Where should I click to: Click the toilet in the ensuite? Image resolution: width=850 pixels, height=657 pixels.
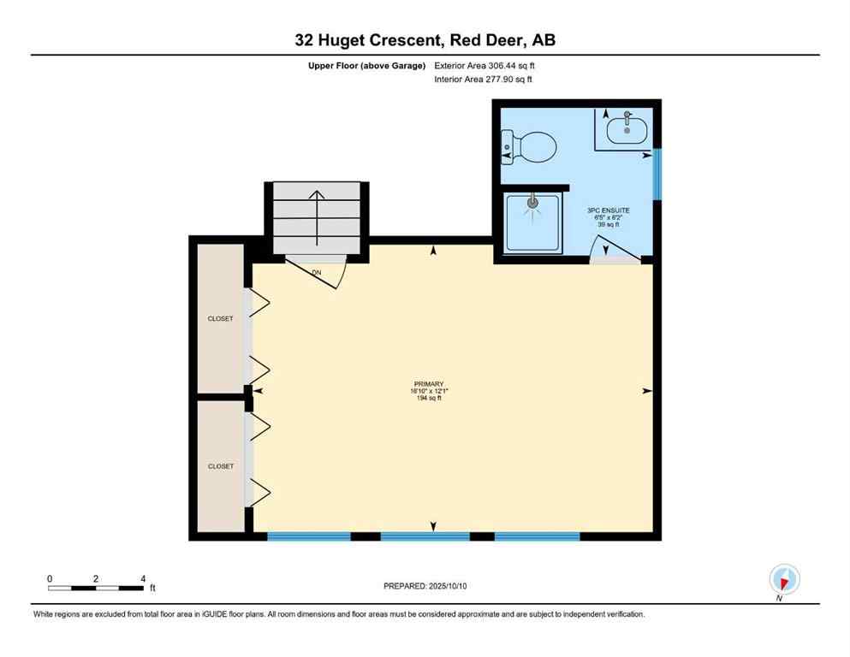pyautogui.click(x=530, y=146)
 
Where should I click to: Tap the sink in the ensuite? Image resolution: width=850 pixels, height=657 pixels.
pyautogui.click(x=627, y=129)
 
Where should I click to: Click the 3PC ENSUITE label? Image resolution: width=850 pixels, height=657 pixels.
pyautogui.click(x=608, y=210)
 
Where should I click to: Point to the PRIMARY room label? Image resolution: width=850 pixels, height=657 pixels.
pyautogui.click(x=429, y=384)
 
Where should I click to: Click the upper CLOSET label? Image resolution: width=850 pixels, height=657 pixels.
pyautogui.click(x=220, y=319)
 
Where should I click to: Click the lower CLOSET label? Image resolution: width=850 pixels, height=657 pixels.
pyautogui.click(x=220, y=466)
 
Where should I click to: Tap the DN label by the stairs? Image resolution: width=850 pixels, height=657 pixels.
pyautogui.click(x=316, y=273)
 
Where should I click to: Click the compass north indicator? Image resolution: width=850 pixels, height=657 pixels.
pyautogui.click(x=784, y=580)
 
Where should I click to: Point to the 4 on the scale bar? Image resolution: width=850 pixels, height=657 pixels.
pyautogui.click(x=142, y=578)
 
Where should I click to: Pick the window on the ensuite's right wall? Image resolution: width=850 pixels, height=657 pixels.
pyautogui.click(x=657, y=174)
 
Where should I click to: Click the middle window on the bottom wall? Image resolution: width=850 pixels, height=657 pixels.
pyautogui.click(x=425, y=536)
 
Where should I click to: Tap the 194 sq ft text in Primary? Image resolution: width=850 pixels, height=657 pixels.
pyautogui.click(x=429, y=399)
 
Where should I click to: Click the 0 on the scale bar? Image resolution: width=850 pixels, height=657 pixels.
pyautogui.click(x=50, y=578)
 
